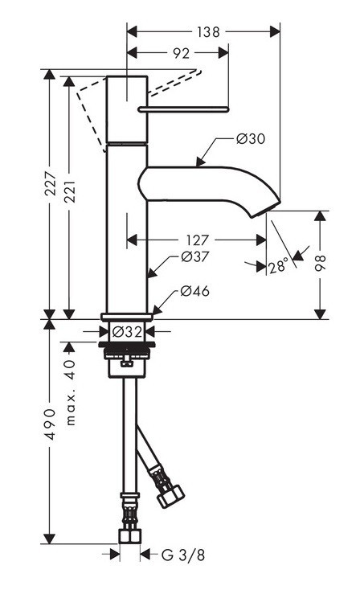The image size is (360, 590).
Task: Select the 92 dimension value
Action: click(181, 54)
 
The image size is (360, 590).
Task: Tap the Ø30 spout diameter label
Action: click(251, 139)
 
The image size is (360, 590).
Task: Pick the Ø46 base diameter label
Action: click(194, 291)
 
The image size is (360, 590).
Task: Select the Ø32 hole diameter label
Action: click(128, 331)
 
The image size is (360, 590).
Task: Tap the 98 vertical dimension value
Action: click(321, 264)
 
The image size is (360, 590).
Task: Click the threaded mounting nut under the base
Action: click(128, 351)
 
